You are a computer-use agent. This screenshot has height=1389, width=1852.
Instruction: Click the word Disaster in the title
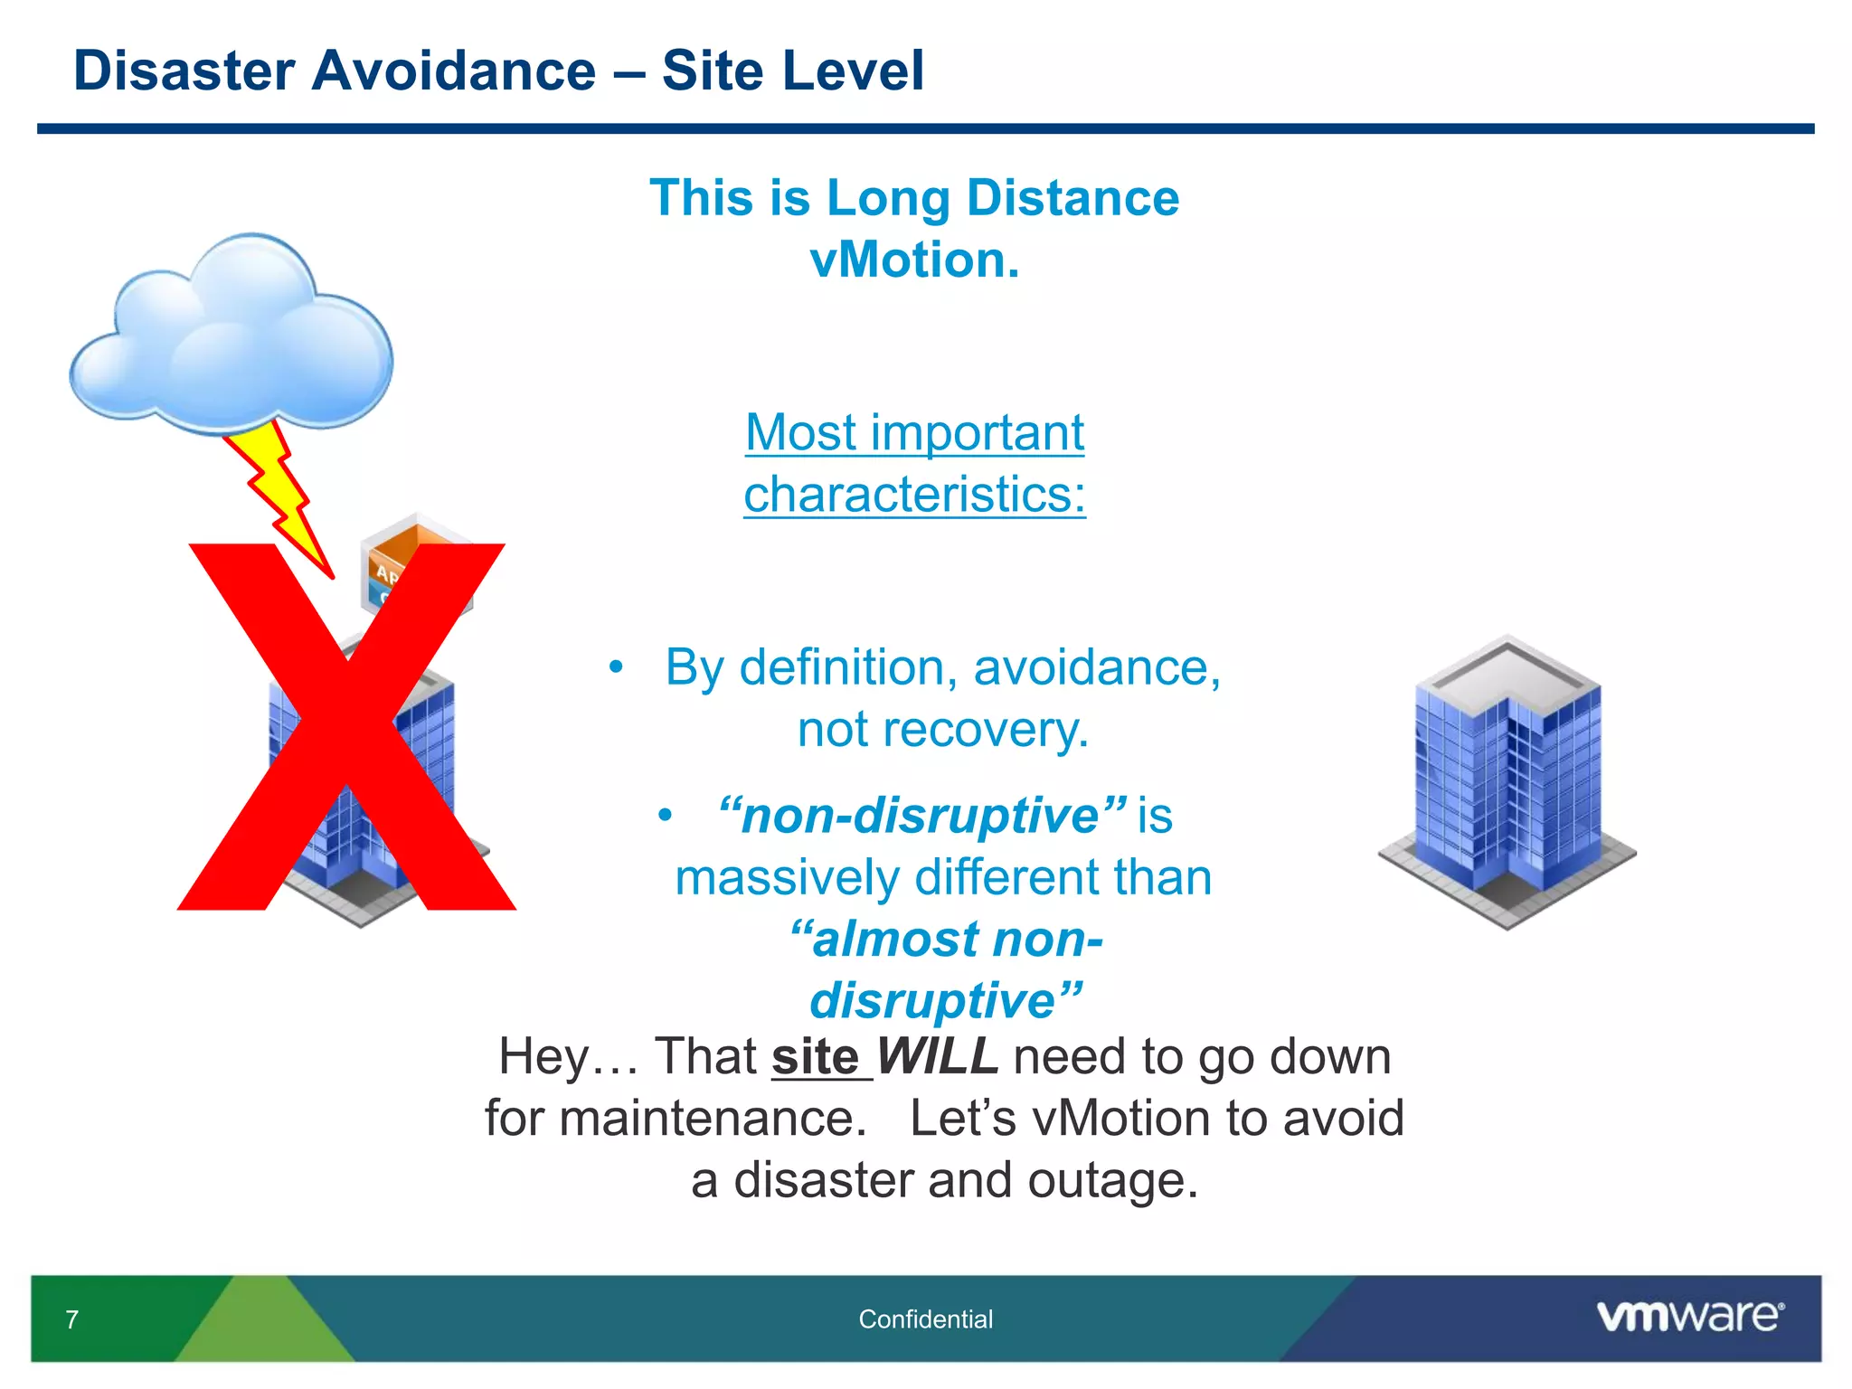point(184,71)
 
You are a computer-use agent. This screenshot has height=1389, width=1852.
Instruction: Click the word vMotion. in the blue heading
point(914,260)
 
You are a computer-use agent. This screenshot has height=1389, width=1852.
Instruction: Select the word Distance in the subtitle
point(1072,198)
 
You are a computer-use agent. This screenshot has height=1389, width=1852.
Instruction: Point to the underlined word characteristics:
point(914,495)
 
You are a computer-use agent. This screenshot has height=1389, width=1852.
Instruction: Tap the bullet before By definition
point(616,668)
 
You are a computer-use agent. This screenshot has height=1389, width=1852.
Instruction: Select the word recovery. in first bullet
point(943,731)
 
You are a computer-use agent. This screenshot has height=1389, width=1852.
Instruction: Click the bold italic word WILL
point(937,1056)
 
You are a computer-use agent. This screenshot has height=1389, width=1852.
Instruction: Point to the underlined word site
point(815,1057)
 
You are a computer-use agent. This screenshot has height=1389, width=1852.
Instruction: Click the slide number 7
point(72,1319)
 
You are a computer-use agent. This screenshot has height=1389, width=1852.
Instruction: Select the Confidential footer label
point(925,1319)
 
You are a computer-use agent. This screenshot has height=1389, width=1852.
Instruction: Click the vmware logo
point(1689,1317)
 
